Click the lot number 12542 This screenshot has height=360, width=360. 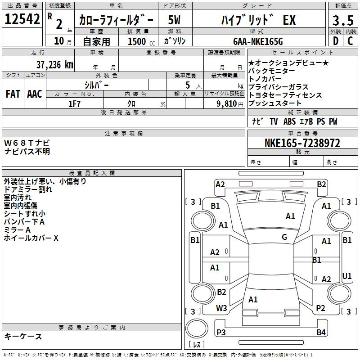[22, 19]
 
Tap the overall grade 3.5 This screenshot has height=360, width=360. [343, 20]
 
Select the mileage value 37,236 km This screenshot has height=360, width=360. [54, 65]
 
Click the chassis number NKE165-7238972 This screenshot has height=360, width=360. [302, 143]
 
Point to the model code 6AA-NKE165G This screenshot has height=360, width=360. [258, 41]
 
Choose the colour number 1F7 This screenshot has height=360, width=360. [74, 104]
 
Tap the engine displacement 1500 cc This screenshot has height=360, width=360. [141, 41]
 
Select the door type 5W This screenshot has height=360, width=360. [174, 20]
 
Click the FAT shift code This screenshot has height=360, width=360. [13, 94]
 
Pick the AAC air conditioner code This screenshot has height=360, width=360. [35, 94]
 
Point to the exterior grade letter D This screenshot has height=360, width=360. [336, 41]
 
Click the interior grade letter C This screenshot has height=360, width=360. [350, 41]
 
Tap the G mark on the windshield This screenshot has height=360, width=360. [284, 237]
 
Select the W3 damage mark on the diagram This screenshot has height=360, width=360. [221, 308]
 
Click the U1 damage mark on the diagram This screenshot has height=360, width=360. [346, 276]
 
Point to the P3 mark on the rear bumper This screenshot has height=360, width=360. [221, 332]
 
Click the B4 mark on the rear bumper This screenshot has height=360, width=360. [321, 332]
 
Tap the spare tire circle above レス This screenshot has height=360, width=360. [197, 319]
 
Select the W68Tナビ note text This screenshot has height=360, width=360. [27, 143]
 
